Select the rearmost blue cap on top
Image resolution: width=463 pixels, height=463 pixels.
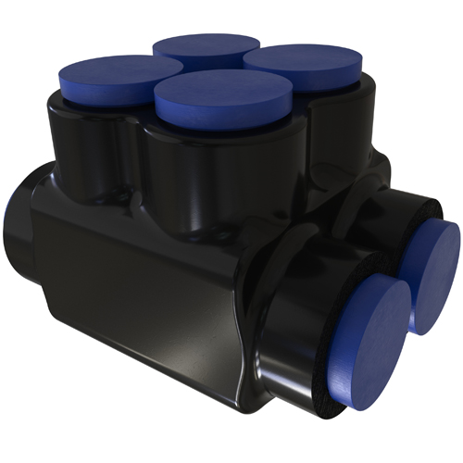(x=206, y=48)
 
